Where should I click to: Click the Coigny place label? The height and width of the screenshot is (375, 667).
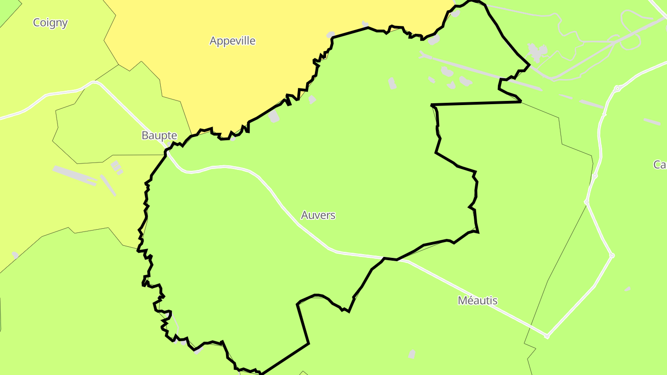pyautogui.click(x=50, y=23)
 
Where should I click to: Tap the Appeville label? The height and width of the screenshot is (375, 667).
pyautogui.click(x=233, y=41)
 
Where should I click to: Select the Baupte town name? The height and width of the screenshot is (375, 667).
pyautogui.click(x=159, y=136)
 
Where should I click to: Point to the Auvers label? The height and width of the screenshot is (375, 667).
pyautogui.click(x=318, y=215)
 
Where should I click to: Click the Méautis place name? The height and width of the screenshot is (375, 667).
pyautogui.click(x=478, y=300)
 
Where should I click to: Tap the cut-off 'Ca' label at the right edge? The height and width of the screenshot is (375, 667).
pyautogui.click(x=660, y=164)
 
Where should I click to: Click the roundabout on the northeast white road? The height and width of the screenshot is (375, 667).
pyautogui.click(x=617, y=88)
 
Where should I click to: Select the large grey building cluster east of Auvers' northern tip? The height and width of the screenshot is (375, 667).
pyautogui.click(x=537, y=52)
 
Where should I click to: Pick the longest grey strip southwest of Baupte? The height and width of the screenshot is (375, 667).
pyautogui.click(x=74, y=175)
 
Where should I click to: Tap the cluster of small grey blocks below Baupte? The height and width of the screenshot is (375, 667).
pyautogui.click(x=116, y=167)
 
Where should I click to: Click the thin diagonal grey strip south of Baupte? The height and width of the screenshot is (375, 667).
pyautogui.click(x=108, y=185)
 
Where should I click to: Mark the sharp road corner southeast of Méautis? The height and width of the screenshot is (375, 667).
pyautogui.click(x=547, y=336)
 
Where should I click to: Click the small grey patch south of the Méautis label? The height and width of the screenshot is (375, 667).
pyautogui.click(x=412, y=354)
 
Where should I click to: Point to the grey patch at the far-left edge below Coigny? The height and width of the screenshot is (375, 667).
pyautogui.click(x=15, y=255)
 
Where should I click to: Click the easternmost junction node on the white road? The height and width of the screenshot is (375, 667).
pyautogui.click(x=612, y=255)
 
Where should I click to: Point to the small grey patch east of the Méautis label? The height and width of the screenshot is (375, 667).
pyautogui.click(x=628, y=289)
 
